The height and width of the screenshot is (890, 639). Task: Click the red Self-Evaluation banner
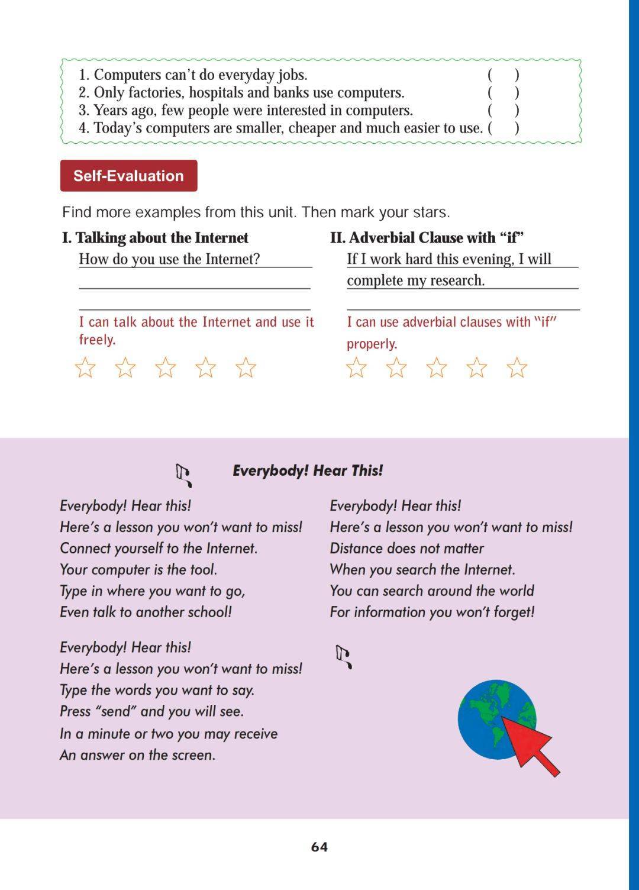click(128, 176)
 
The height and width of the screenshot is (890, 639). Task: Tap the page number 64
click(319, 847)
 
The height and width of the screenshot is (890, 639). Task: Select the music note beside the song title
click(184, 475)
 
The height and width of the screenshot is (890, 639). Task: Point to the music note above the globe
click(344, 656)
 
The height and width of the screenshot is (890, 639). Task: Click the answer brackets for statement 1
click(504, 75)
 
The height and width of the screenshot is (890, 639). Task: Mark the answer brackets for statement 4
click(504, 128)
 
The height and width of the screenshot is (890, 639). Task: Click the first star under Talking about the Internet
click(86, 367)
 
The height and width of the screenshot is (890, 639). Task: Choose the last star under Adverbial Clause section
click(517, 367)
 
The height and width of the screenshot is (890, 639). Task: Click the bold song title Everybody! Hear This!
click(308, 470)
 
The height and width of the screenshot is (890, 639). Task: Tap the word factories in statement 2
click(155, 93)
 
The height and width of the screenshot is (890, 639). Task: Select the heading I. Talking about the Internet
click(155, 238)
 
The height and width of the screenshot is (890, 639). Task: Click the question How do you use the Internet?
click(169, 259)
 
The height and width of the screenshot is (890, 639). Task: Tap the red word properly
click(372, 344)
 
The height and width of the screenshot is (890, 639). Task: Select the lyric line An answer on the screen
click(137, 755)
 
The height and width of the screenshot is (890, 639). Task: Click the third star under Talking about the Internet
click(166, 367)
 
